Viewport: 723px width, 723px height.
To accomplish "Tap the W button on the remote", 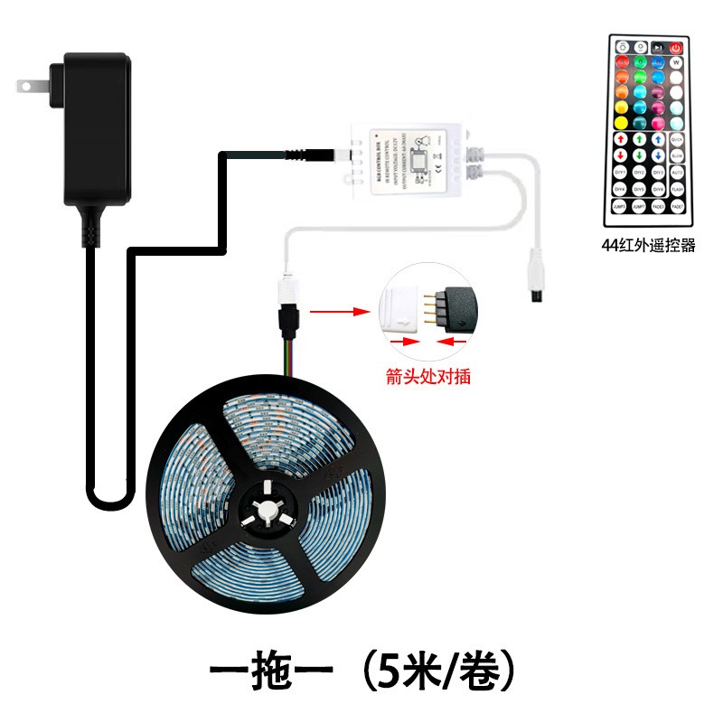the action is coord(675,63).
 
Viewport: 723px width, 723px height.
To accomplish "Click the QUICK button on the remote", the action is coord(675,139).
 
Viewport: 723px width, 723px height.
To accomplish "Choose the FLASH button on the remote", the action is coord(675,189).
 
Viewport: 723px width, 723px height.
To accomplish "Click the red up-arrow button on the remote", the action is coord(621,139).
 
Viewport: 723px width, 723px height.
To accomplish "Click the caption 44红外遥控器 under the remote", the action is coord(648,245).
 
